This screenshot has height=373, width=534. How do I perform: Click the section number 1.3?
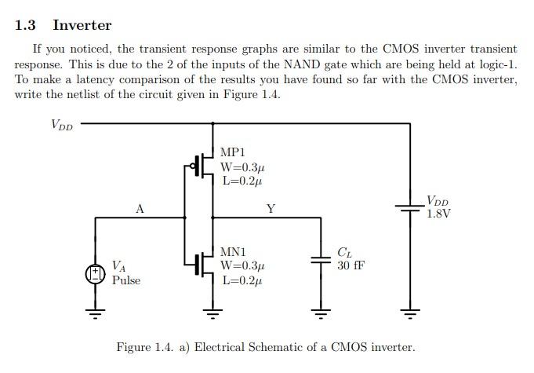pyautogui.click(x=25, y=25)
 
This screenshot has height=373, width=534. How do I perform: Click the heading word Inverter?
pyautogui.click(x=82, y=25)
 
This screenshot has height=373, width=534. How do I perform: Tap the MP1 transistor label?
pyautogui.click(x=233, y=152)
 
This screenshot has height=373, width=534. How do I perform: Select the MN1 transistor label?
pyautogui.click(x=233, y=252)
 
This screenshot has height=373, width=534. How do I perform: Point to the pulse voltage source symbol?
pyautogui.click(x=95, y=273)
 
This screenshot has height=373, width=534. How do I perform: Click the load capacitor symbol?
pyautogui.click(x=320, y=260)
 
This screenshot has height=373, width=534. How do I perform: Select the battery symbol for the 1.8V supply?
pyautogui.click(x=409, y=208)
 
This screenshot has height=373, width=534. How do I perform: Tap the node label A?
pyautogui.click(x=140, y=209)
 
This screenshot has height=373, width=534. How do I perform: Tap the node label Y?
pyautogui.click(x=271, y=209)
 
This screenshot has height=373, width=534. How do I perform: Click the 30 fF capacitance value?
pyautogui.click(x=351, y=265)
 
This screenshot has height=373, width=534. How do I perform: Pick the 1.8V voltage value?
pyautogui.click(x=438, y=214)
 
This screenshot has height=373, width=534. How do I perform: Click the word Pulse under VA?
pyautogui.click(x=126, y=280)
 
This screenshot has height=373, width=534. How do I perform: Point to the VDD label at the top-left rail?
pyautogui.click(x=61, y=124)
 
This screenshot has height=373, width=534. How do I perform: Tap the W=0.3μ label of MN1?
pyautogui.click(x=242, y=265)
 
